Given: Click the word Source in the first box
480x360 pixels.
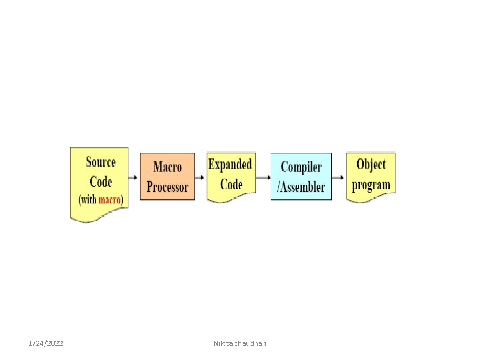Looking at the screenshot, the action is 101,162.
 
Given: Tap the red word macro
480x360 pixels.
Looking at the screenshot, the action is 109,199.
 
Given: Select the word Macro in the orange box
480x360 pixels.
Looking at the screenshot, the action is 167,167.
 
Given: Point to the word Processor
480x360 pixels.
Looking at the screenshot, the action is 167,187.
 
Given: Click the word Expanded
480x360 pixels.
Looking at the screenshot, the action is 230,164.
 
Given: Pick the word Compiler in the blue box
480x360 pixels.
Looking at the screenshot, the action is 301,167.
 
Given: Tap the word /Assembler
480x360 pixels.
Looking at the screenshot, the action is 301,187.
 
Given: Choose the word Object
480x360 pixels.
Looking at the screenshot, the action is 371,164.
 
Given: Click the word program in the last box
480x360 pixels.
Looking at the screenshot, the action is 371,184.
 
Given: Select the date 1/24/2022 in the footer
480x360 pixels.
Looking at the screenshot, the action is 46,343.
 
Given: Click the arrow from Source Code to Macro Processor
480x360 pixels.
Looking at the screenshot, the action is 134,177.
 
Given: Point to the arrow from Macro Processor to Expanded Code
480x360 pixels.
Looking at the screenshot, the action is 201,177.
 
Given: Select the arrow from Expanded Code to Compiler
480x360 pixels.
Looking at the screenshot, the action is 264,177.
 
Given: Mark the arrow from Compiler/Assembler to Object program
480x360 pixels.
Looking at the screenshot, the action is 340,177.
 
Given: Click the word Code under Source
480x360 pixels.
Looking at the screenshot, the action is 101,181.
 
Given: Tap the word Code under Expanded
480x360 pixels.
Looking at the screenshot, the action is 230,183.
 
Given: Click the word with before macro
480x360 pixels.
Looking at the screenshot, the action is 89,199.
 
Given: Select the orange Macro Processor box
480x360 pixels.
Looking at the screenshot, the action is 167,176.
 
